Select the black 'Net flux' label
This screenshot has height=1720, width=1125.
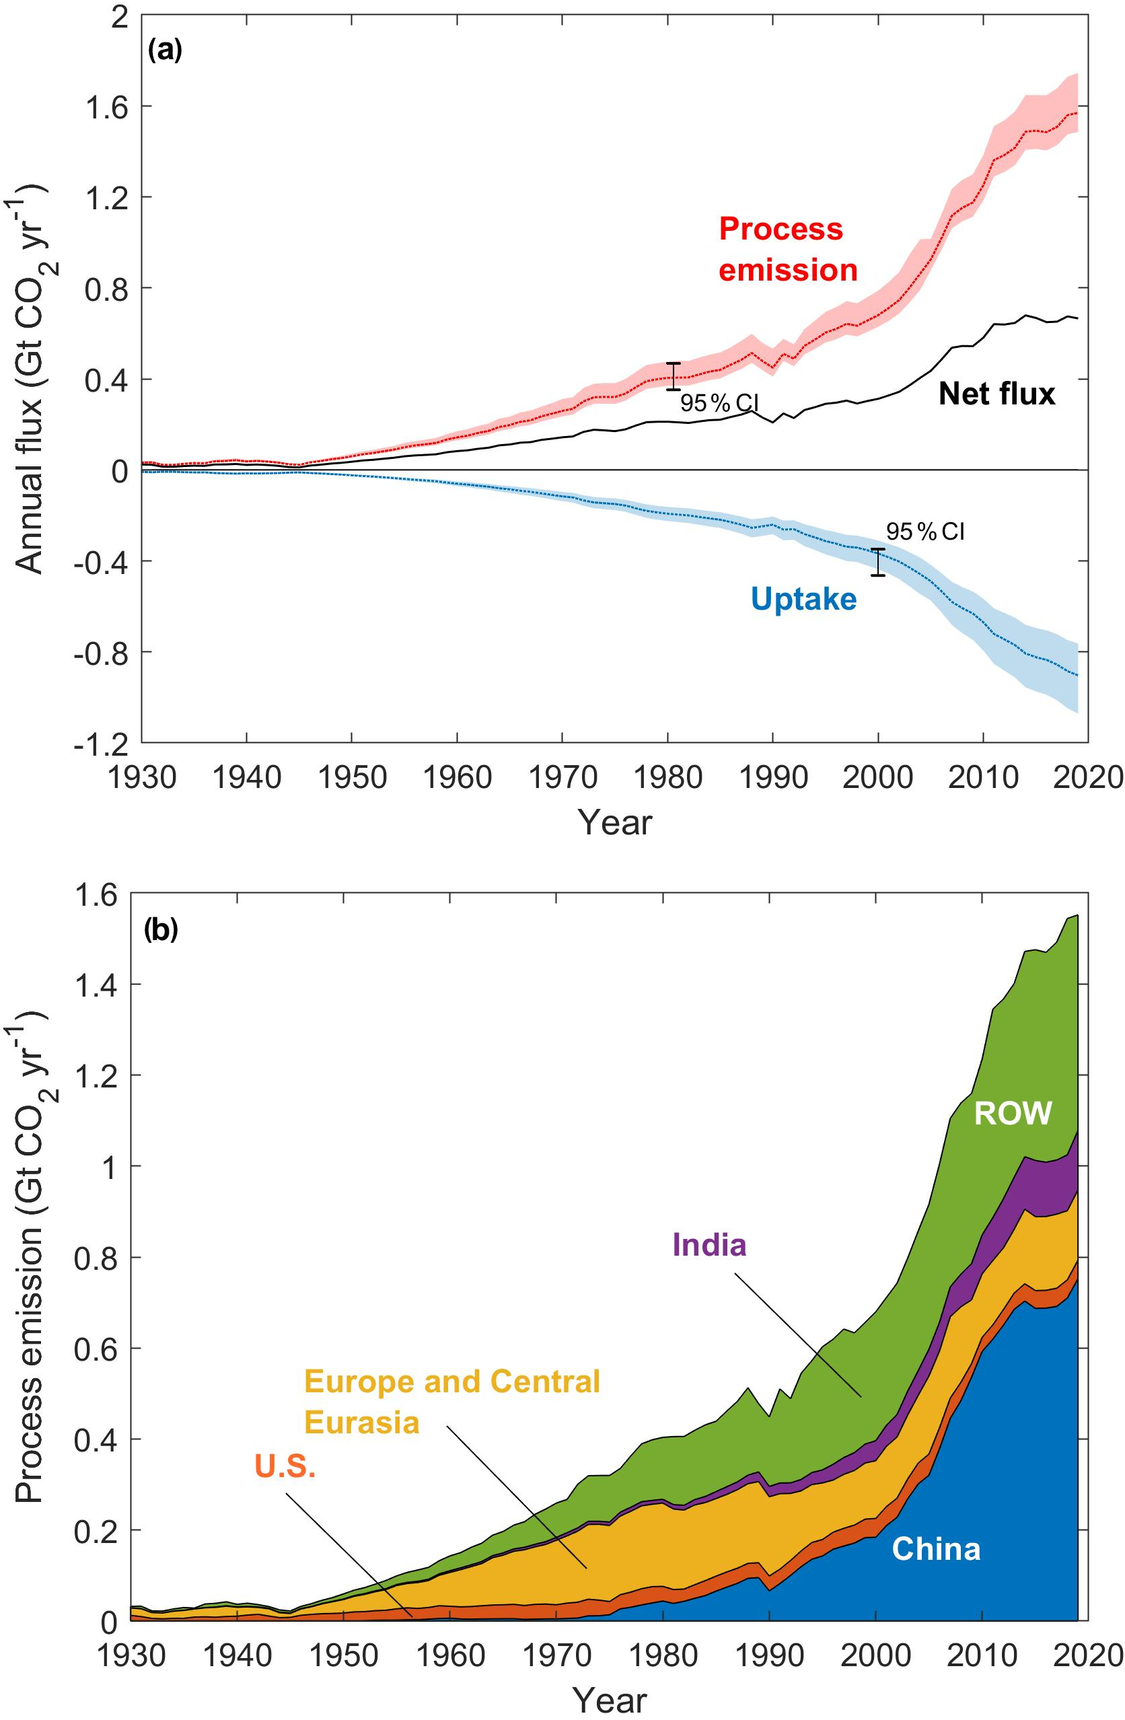tap(996, 394)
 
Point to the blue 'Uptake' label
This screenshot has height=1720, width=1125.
tap(803, 599)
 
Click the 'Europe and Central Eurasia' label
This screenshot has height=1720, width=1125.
tap(452, 1401)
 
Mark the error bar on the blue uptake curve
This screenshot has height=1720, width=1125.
tap(878, 563)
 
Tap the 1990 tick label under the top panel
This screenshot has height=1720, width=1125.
tap(772, 779)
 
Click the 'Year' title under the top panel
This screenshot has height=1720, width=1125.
tap(615, 822)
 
